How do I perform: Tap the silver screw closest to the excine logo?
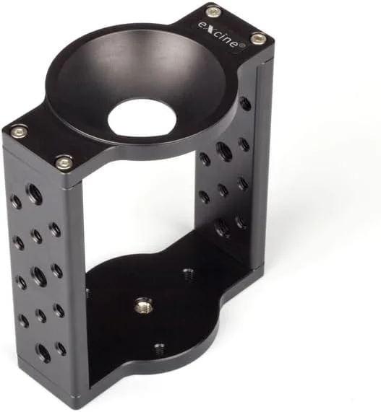[x=213, y=11]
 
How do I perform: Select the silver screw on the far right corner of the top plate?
[x=258, y=38]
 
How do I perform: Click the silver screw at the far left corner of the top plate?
[x=18, y=131]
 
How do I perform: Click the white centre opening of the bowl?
[x=142, y=117]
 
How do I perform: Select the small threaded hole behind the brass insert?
[x=188, y=274]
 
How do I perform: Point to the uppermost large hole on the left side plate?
[x=33, y=193]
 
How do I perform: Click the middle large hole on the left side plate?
[x=38, y=275]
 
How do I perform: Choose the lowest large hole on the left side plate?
[x=43, y=354]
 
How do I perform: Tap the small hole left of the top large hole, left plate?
[x=16, y=201]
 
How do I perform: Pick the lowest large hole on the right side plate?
[x=223, y=229]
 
